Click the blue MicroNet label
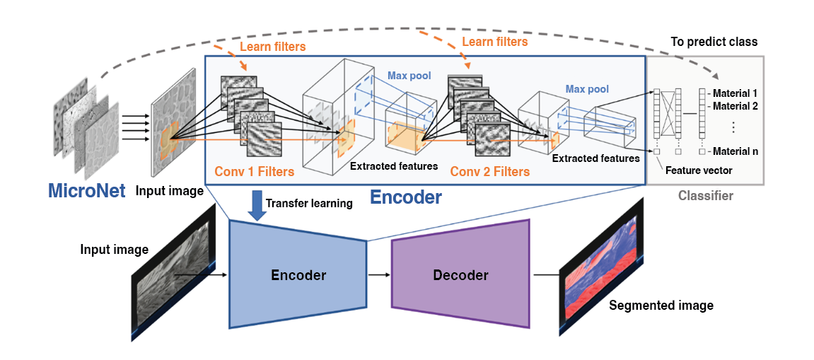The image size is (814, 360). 87,191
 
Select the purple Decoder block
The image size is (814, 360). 460,274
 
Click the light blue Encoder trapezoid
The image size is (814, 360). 298,274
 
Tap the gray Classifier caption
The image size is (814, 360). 705,195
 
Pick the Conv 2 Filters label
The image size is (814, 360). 489,171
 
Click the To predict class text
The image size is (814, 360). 714,42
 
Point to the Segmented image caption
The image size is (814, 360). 661,306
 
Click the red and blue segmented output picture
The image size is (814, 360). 600,265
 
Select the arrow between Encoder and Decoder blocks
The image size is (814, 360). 378,274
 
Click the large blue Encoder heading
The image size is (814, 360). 407,197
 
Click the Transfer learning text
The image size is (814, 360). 309,204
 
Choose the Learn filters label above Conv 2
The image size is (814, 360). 494,42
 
